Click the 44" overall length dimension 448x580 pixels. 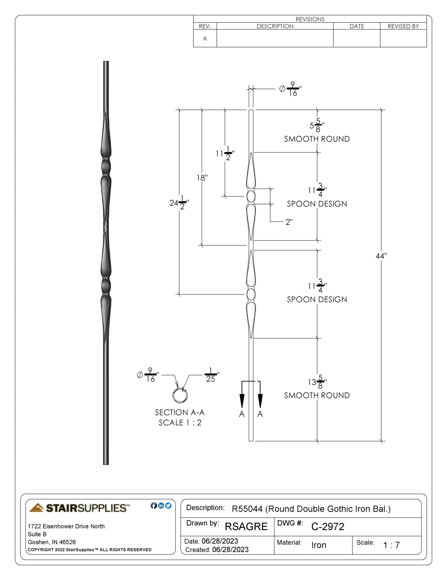(x=381, y=256)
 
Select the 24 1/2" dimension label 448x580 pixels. (x=179, y=203)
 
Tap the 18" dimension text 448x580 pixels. (x=202, y=178)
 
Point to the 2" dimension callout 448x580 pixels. (x=289, y=222)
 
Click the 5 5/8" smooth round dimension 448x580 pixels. (x=317, y=125)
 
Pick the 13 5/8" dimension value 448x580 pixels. (x=317, y=382)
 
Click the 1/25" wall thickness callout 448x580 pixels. (x=211, y=375)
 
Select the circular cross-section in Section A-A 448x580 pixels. (x=180, y=395)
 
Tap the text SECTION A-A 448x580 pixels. (x=180, y=412)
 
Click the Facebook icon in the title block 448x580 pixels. (x=154, y=506)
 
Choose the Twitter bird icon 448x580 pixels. (x=168, y=506)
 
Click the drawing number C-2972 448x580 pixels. (x=328, y=527)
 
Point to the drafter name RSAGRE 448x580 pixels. (x=246, y=527)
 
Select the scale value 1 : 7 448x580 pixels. (x=391, y=545)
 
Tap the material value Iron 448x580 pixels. (x=319, y=545)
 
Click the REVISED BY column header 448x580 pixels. (x=403, y=26)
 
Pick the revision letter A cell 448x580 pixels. (x=205, y=39)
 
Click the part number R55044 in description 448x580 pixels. (x=247, y=509)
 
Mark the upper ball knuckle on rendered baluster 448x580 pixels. (x=106, y=167)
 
